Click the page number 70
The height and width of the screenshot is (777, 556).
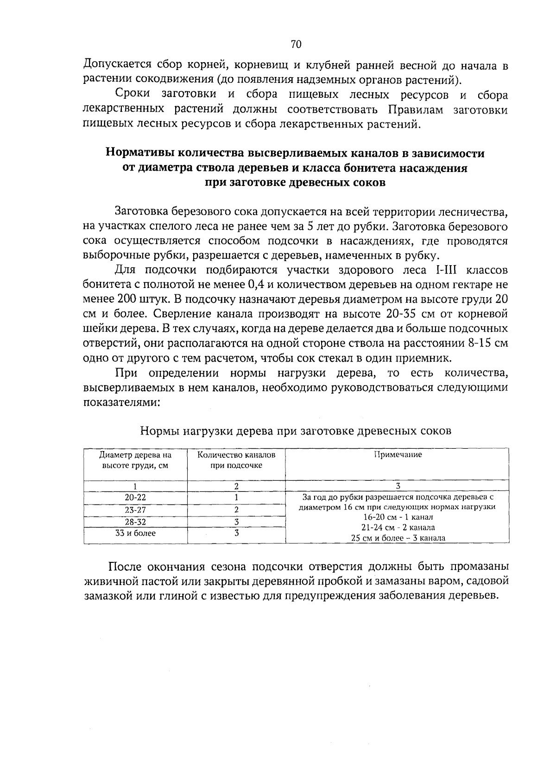click(x=296, y=44)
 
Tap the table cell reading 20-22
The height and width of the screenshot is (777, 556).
click(x=135, y=497)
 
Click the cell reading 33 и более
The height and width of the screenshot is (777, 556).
click(x=135, y=533)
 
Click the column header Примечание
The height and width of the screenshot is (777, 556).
click(x=398, y=455)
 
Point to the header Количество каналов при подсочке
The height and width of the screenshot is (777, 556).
click(x=236, y=460)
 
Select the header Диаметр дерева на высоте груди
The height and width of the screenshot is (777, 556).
click(x=135, y=460)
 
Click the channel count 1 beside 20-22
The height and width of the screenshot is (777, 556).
click(x=236, y=497)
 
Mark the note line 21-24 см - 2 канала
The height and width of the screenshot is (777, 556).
click(x=398, y=528)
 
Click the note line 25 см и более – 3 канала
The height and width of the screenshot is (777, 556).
click(x=398, y=538)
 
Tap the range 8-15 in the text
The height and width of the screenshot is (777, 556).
click(x=483, y=344)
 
